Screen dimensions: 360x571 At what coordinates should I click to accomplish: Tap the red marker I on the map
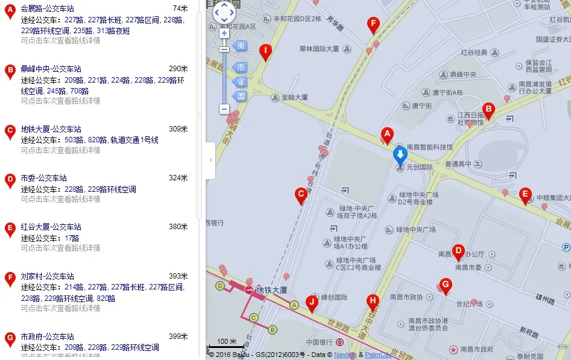[265, 52]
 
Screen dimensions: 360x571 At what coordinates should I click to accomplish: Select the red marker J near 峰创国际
[312, 303]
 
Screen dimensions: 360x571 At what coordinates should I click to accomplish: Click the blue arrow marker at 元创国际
[400, 156]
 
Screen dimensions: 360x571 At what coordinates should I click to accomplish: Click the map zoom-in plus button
[224, 33]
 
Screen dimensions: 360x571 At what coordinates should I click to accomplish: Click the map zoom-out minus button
[224, 109]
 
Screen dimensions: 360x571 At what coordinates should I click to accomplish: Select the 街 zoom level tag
[241, 46]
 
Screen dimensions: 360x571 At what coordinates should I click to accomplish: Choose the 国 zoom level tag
[241, 96]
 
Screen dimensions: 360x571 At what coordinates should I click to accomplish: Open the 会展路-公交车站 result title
[48, 8]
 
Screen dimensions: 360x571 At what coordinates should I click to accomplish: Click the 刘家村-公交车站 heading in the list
[48, 276]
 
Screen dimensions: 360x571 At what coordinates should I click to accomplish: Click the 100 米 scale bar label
[227, 341]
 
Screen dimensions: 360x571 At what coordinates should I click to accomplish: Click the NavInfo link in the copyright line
[344, 355]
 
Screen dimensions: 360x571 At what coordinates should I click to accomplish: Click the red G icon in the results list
[10, 339]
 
